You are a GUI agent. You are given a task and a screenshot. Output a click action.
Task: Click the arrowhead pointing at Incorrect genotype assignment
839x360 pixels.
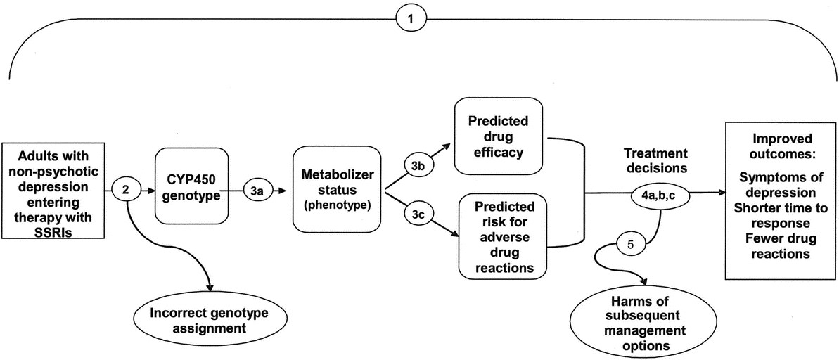pos(210,288)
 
